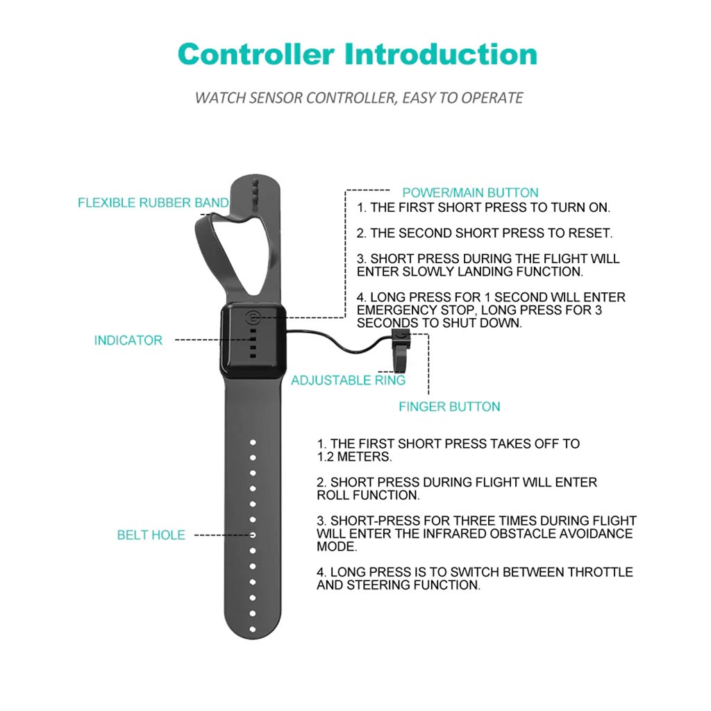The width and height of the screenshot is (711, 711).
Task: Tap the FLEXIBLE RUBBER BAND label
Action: pyautogui.click(x=153, y=203)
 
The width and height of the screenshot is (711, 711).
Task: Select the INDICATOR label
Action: pyautogui.click(x=128, y=340)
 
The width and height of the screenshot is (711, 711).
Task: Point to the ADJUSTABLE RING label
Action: pyautogui.click(x=348, y=380)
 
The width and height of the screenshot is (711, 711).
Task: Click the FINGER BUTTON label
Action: pyautogui.click(x=449, y=407)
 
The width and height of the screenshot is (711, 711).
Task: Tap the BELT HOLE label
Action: pyautogui.click(x=151, y=535)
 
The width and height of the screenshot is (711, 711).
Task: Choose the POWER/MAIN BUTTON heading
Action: pyautogui.click(x=470, y=192)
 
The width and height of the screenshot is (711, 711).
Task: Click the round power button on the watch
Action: pyautogui.click(x=253, y=319)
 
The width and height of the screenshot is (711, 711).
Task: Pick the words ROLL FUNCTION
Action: pyautogui.click(x=368, y=496)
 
